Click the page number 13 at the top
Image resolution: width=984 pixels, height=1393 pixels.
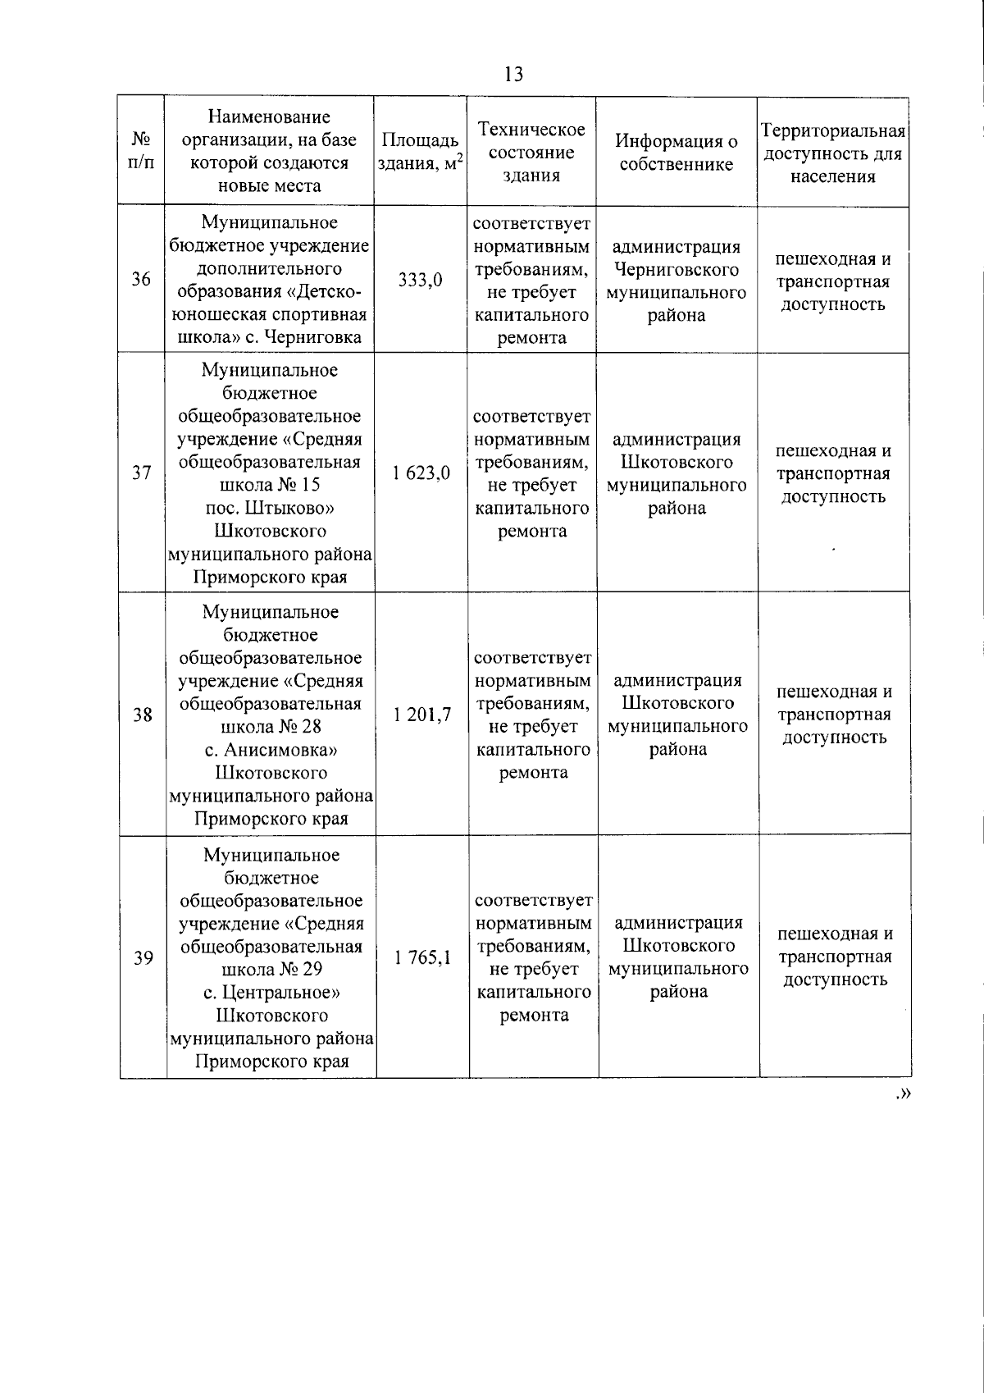pyautogui.click(x=513, y=75)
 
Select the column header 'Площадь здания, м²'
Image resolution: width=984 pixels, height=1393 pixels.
pyautogui.click(x=421, y=152)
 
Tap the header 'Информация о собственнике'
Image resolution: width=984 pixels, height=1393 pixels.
pyautogui.click(x=676, y=153)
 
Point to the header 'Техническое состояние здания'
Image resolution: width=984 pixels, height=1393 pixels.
pyautogui.click(x=531, y=153)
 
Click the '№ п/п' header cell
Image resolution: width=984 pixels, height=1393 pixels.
pyautogui.click(x=141, y=150)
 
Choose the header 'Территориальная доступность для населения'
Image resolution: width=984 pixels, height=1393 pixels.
pyautogui.click(x=833, y=153)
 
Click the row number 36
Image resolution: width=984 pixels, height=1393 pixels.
pyautogui.click(x=141, y=280)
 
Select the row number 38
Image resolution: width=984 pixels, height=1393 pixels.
pyautogui.click(x=143, y=715)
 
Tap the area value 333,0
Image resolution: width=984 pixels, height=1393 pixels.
pyautogui.click(x=421, y=280)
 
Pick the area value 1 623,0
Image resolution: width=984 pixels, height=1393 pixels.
pyautogui.click(x=421, y=473)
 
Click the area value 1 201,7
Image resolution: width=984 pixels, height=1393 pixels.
pyautogui.click(x=422, y=715)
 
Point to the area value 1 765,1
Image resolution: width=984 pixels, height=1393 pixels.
pyautogui.click(x=423, y=957)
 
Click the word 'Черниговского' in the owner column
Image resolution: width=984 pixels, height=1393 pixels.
pyautogui.click(x=676, y=270)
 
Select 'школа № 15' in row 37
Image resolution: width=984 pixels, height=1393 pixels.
pyautogui.click(x=271, y=485)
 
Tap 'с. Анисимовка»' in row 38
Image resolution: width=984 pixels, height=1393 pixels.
pyautogui.click(x=271, y=750)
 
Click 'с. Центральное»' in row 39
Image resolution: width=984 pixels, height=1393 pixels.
pyautogui.click(x=272, y=993)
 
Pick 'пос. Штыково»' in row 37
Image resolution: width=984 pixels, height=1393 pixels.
pyautogui.click(x=270, y=508)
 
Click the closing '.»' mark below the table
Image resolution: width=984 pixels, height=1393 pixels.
pyautogui.click(x=904, y=1093)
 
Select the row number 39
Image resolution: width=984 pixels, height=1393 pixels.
pyautogui.click(x=143, y=957)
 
